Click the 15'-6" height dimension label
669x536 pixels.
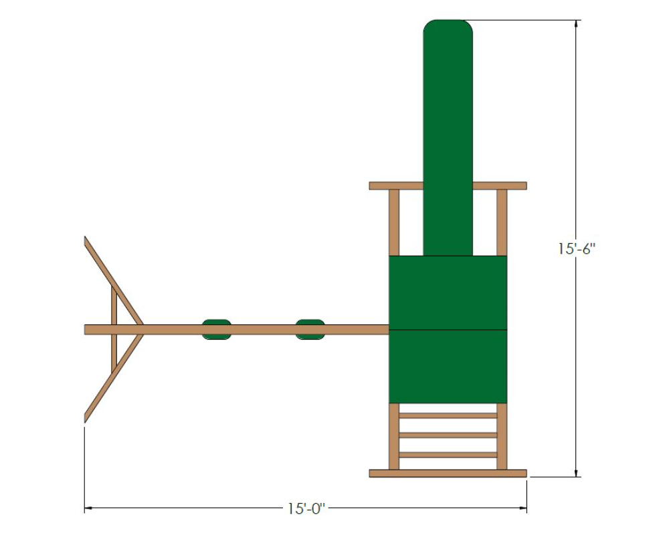[577, 249]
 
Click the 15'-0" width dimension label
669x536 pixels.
[306, 509]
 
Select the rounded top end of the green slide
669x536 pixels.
[448, 30]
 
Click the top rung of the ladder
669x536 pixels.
[448, 415]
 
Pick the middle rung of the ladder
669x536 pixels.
[448, 435]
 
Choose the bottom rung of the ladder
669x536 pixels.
[448, 455]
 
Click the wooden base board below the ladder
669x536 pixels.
[448, 473]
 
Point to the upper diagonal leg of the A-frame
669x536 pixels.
[114, 281]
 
